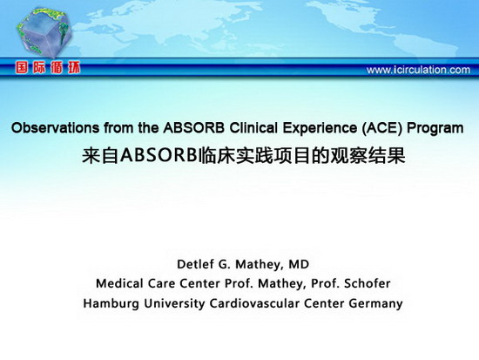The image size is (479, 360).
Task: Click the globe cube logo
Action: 44,32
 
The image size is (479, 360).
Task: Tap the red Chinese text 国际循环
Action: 48,68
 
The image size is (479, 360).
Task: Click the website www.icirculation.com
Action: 418,70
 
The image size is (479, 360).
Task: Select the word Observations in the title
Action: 55,128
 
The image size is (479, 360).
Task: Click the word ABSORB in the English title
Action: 193,128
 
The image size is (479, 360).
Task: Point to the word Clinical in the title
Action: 253,128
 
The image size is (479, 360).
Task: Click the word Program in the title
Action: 435,129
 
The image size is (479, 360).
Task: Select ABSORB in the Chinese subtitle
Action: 158,155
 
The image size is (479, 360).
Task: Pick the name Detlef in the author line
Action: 192,264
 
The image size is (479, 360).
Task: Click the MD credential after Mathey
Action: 299,264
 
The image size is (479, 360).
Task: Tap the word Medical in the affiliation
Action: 119,283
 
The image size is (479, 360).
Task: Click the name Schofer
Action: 368,283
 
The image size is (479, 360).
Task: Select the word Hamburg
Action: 111,303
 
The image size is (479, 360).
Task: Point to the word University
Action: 174,303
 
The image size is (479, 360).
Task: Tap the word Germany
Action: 375,304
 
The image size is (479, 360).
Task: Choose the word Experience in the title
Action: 320,129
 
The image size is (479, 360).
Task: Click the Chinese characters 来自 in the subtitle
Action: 100,156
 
